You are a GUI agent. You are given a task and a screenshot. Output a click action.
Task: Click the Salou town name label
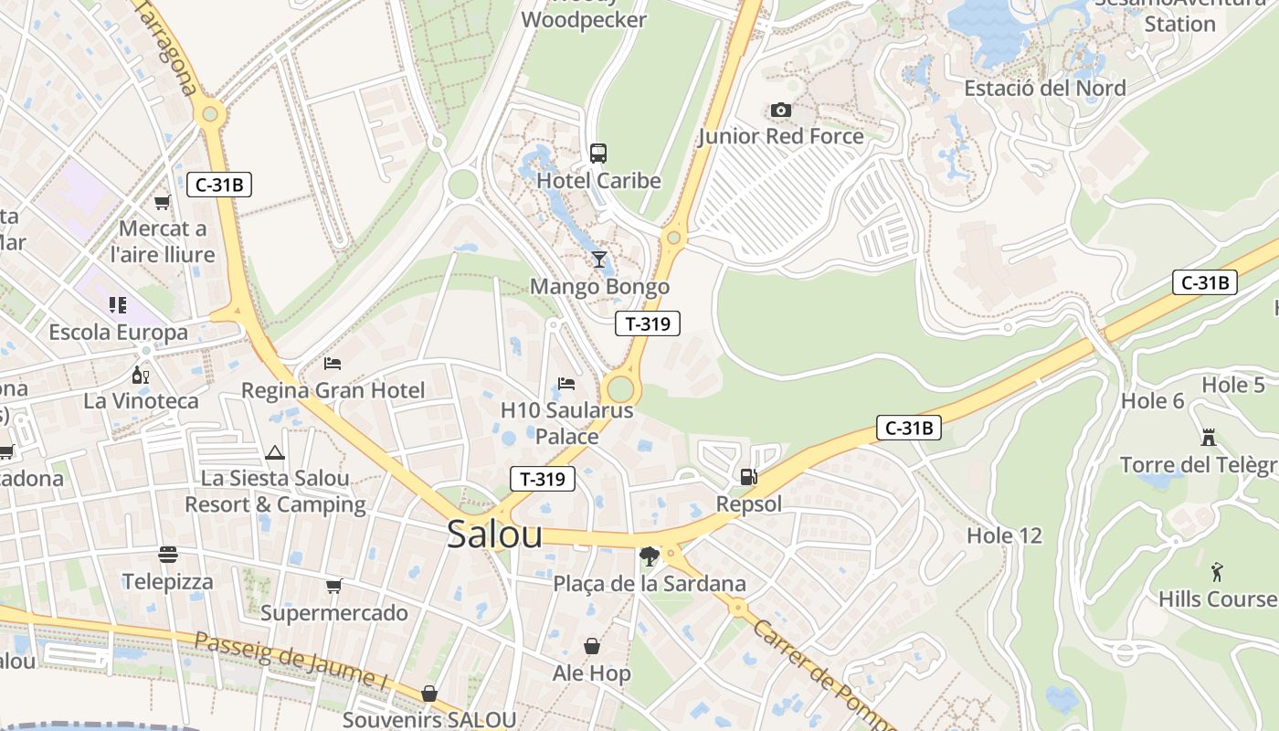coord(494,535)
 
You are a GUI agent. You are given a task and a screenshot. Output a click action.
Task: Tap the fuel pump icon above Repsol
coord(748,476)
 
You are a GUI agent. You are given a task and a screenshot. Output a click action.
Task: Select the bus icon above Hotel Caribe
coord(598,154)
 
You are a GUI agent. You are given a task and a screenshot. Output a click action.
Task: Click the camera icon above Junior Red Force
coord(780,111)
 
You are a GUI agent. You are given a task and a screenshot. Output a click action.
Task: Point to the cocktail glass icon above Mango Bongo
coord(599,260)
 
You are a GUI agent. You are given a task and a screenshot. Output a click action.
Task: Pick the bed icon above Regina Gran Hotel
coord(333,364)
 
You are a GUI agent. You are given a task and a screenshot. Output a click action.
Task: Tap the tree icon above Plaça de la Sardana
coord(650,556)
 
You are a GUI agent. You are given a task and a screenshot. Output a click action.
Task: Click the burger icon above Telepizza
coord(168,555)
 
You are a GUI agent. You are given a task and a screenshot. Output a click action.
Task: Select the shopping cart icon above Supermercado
coord(334,586)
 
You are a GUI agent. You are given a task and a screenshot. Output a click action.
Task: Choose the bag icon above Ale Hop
coord(592,647)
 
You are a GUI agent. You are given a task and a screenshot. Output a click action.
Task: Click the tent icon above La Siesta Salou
coord(275,452)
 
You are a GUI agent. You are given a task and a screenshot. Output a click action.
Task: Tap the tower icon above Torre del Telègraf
coord(1209,438)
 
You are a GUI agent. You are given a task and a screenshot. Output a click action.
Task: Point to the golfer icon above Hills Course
coord(1217,572)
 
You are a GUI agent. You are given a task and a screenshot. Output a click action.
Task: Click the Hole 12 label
coord(1004,535)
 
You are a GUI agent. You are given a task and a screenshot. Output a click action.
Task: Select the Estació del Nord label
coord(1045,89)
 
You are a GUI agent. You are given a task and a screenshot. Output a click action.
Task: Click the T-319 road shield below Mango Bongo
coord(648,323)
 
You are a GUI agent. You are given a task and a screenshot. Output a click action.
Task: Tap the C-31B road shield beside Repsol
coord(908,428)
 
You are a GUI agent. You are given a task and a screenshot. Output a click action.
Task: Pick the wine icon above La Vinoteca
coord(141,375)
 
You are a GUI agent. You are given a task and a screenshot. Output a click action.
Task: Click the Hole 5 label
coord(1233,385)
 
